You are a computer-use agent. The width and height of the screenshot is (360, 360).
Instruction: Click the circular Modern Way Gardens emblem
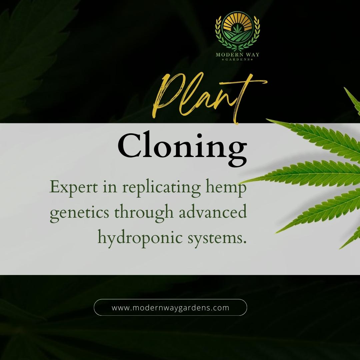click(237, 31)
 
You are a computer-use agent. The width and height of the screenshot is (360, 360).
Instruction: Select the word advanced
click(213, 212)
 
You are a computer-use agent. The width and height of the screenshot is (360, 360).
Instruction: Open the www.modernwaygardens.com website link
click(170, 307)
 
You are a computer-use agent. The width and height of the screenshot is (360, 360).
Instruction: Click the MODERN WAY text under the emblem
click(237, 55)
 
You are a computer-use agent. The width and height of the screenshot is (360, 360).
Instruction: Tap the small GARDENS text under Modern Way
click(237, 59)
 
